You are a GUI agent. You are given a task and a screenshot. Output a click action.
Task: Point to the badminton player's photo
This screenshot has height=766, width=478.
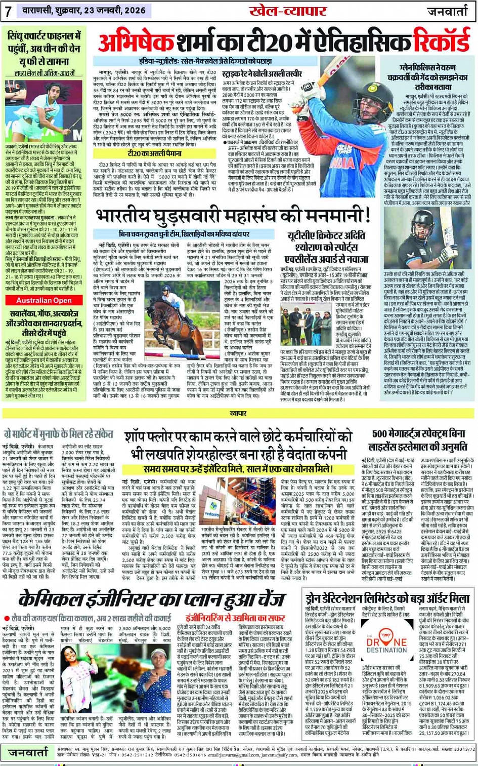click(45, 109)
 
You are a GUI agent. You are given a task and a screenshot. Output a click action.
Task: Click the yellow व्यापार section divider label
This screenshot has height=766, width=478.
click(238, 414)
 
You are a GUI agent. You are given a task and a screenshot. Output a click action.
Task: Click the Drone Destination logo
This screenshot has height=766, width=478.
click(386, 643)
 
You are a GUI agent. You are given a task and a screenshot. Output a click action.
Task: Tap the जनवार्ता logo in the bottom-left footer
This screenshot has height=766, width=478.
click(28, 753)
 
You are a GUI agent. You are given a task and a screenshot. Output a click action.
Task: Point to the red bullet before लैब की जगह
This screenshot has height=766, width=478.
click(6, 618)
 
